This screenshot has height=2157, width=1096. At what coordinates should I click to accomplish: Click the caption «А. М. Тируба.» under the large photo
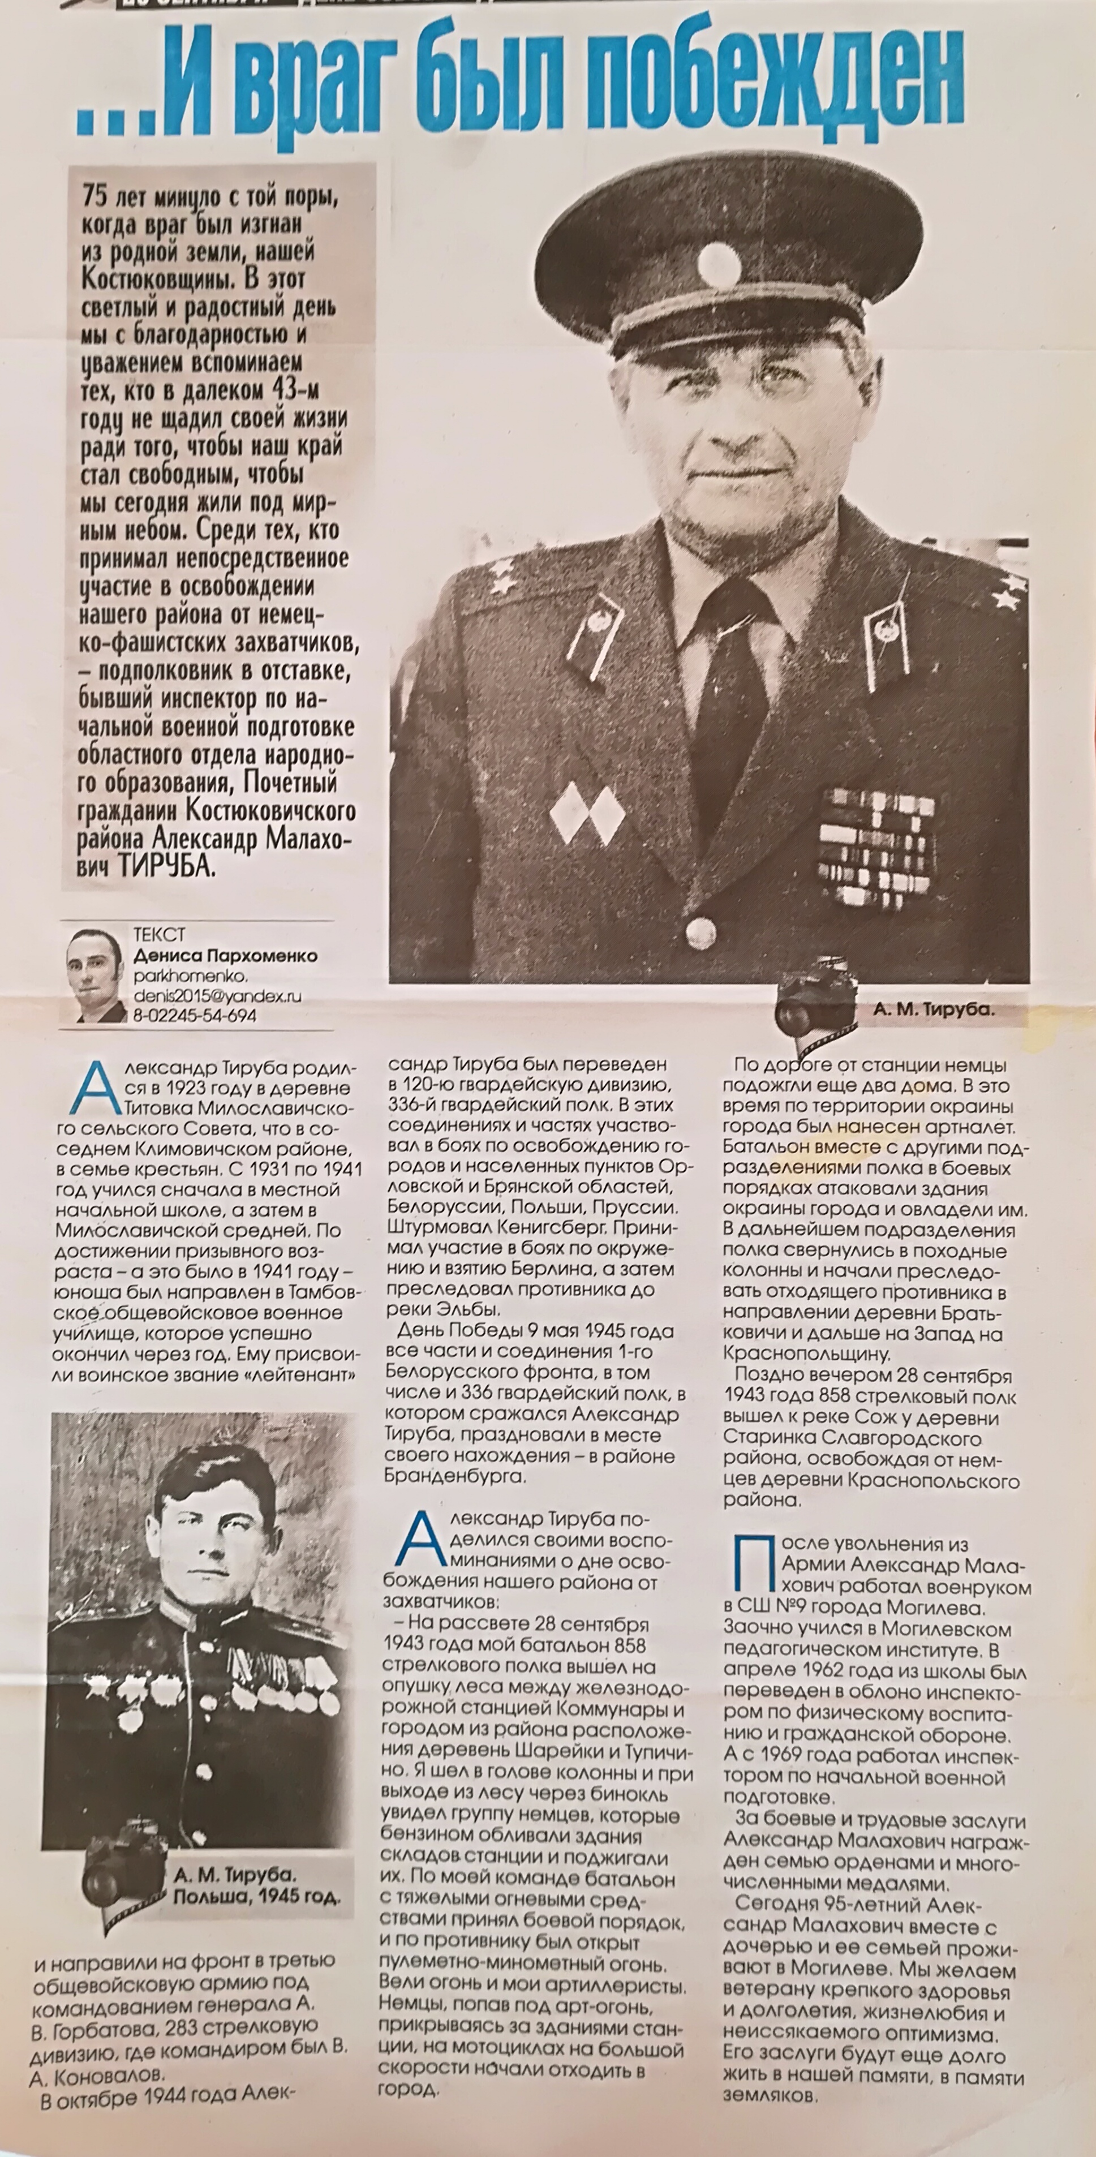point(934,1011)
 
